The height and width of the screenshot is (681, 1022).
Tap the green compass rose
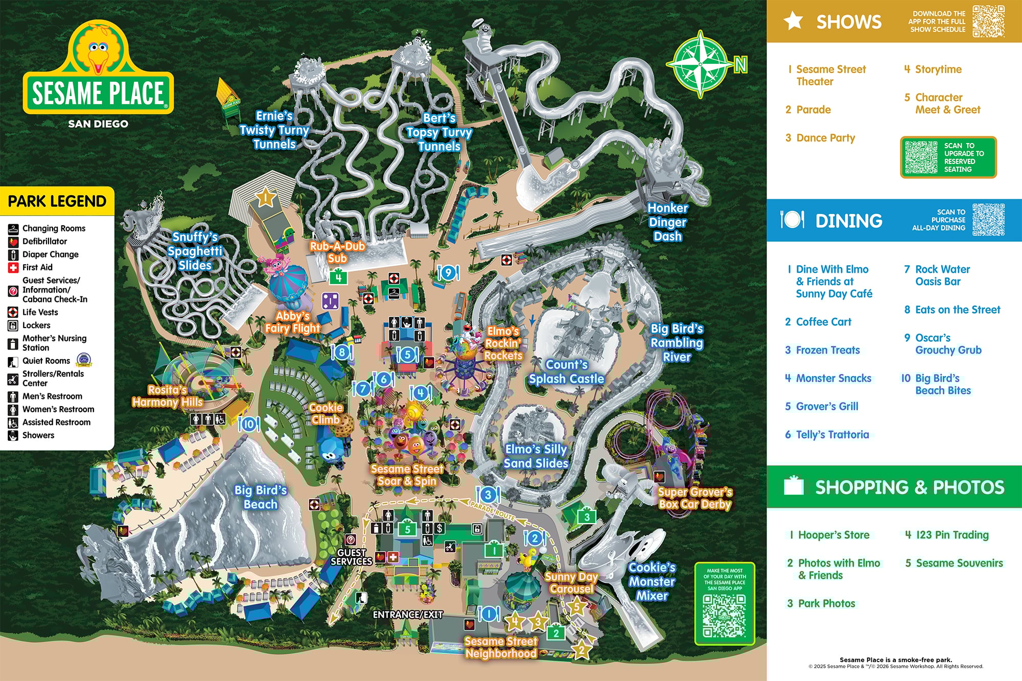point(701,64)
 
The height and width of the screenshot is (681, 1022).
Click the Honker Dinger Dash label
point(667,222)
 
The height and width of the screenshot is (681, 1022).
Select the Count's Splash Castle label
point(566,372)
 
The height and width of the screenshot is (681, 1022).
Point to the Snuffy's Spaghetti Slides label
point(195,251)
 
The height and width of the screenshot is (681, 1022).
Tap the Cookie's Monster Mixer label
point(652,581)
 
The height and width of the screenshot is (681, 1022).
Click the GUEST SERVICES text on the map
point(351,557)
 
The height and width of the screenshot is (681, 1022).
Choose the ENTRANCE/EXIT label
point(408,615)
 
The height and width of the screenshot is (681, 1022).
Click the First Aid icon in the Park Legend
point(13,267)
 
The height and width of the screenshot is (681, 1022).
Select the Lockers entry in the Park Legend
point(36,325)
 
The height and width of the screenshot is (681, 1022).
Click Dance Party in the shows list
point(825,138)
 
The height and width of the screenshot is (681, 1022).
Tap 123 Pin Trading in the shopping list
point(952,535)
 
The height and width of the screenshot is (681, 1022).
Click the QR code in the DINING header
point(988,220)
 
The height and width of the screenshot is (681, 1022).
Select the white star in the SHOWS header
point(794,21)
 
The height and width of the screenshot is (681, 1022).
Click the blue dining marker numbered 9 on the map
point(448,273)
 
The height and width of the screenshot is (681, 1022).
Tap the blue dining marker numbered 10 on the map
point(249,424)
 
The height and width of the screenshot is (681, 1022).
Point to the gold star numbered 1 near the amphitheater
point(266,197)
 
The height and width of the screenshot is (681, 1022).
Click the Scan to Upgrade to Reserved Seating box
point(948,157)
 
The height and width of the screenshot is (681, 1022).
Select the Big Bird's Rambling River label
point(677,343)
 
